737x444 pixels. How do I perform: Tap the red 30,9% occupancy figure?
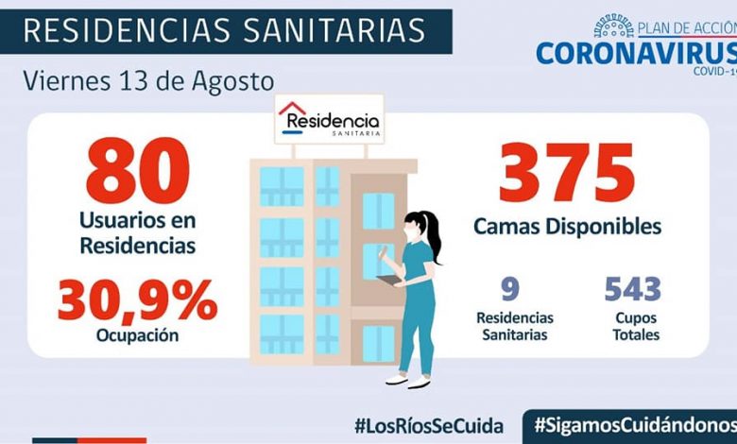click(x=137, y=299)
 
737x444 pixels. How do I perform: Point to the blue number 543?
click(x=633, y=288)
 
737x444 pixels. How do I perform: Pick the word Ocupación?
click(x=137, y=334)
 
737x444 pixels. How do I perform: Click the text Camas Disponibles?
click(x=567, y=227)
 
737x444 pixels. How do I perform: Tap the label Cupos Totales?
click(x=634, y=326)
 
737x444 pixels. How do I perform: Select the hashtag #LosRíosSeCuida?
click(x=429, y=425)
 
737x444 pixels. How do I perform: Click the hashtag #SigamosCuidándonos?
click(x=634, y=425)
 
